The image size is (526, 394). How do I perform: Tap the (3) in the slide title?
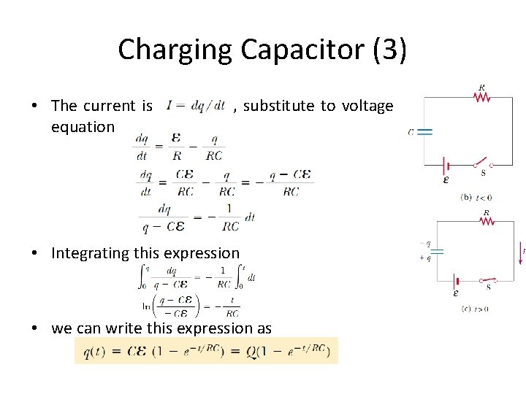point(389,50)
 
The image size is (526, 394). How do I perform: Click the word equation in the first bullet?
point(83,127)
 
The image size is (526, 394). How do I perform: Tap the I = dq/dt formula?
point(195,107)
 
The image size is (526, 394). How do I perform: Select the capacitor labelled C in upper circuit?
point(424,132)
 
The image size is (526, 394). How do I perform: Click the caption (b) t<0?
point(476,197)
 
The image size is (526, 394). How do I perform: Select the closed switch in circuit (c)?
point(488,281)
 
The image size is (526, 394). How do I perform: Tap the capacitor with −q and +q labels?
point(437,251)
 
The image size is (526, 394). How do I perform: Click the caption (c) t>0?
point(475,309)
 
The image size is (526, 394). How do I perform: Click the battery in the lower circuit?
point(457,281)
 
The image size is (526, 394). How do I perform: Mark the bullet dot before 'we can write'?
point(35,328)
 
